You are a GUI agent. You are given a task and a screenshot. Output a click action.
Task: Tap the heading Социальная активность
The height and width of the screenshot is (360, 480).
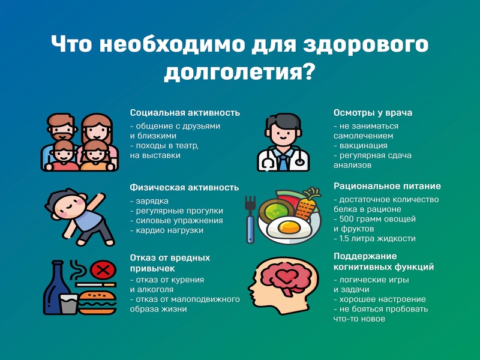pyautogui.click(x=185, y=113)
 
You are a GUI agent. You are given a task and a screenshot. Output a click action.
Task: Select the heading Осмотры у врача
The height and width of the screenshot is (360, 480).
pyautogui.click(x=373, y=113)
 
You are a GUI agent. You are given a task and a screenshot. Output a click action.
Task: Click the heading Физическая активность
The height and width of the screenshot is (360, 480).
pyautogui.click(x=184, y=187)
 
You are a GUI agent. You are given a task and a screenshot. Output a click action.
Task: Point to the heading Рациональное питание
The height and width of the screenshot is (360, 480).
pyautogui.click(x=387, y=186)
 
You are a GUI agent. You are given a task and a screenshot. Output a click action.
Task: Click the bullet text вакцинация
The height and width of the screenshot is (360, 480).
pyautogui.click(x=364, y=145)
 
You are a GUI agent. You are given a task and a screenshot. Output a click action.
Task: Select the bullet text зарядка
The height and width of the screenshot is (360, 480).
pyautogui.click(x=152, y=201)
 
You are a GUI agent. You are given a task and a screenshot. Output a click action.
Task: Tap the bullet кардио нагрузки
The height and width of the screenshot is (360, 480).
pyautogui.click(x=170, y=230)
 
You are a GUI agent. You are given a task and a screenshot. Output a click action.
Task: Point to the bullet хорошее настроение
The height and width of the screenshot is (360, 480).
pyautogui.click(x=383, y=299)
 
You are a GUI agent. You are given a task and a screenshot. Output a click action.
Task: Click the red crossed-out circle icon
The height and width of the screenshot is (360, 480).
pyautogui.click(x=103, y=271)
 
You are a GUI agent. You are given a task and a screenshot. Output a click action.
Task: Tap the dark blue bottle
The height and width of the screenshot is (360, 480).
pyautogui.click(x=56, y=288)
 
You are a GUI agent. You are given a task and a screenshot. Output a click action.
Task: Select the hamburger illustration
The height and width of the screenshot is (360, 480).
pyautogui.click(x=97, y=302)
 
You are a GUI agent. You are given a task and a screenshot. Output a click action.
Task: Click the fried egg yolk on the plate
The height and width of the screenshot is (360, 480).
pyautogui.click(x=290, y=227)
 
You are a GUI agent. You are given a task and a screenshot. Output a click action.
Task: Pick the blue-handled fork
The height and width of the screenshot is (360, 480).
pyautogui.click(x=250, y=220)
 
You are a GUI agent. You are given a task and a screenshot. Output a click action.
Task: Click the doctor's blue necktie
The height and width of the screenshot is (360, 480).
pyautogui.click(x=283, y=163)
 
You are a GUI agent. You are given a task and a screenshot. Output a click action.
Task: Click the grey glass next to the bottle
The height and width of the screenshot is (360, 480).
pyautogui.click(x=69, y=304)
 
